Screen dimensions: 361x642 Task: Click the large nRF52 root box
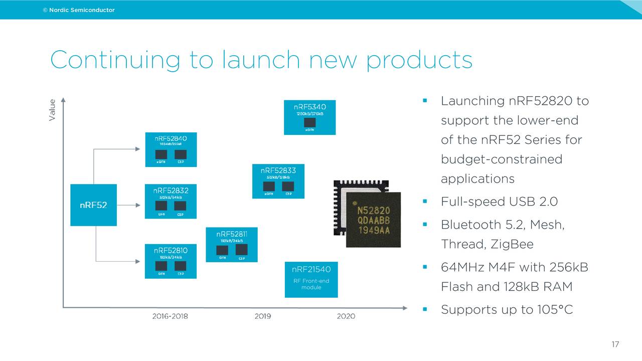coord(93,205)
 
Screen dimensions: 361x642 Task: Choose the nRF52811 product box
coord(232,245)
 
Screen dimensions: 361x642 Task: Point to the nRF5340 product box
coord(309,117)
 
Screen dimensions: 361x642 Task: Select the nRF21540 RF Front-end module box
coord(311,279)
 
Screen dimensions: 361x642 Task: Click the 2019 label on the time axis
coord(262,316)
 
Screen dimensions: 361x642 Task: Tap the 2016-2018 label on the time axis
coord(170,316)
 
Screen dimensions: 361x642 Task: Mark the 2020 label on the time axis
coord(346,316)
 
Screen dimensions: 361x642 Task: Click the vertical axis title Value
coord(52,110)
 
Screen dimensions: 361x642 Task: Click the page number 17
coord(615,344)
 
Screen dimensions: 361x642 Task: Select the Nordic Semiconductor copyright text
coord(79,10)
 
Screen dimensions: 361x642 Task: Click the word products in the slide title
coord(419,60)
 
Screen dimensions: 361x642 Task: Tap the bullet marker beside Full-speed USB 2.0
coord(425,202)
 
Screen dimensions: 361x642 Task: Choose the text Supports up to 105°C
coord(507,309)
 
